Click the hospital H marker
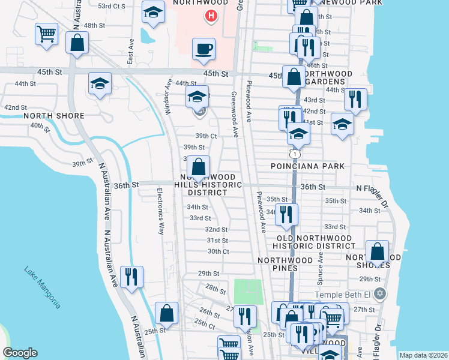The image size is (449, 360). (x=211, y=16)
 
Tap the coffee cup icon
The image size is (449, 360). (x=203, y=49)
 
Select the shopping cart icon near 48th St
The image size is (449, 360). (x=46, y=34)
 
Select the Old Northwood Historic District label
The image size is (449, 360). (x=313, y=241)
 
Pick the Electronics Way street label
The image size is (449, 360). (x=160, y=211)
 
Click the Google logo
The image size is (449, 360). (x=20, y=352)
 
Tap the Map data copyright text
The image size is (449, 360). (x=423, y=355)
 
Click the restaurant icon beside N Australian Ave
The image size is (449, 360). (x=131, y=277)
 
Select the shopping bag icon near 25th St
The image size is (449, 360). (x=166, y=313)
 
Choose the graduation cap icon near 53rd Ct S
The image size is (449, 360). (x=153, y=11)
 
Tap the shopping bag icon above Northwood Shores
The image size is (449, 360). (x=377, y=251)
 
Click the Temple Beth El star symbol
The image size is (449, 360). (x=379, y=295)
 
